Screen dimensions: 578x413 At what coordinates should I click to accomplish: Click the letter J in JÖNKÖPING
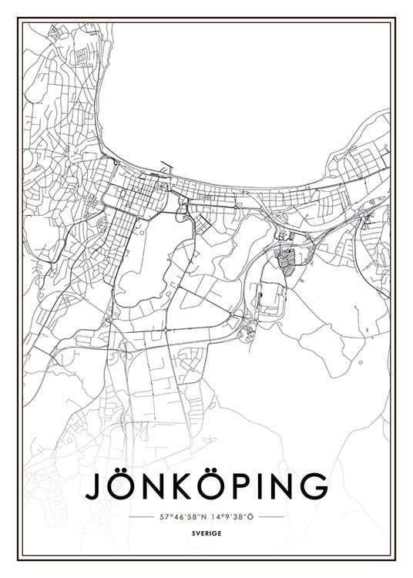pyautogui.click(x=93, y=486)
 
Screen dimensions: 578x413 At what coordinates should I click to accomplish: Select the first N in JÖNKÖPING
pyautogui.click(x=157, y=486)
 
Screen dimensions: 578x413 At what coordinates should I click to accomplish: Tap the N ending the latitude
pyautogui.click(x=203, y=516)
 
